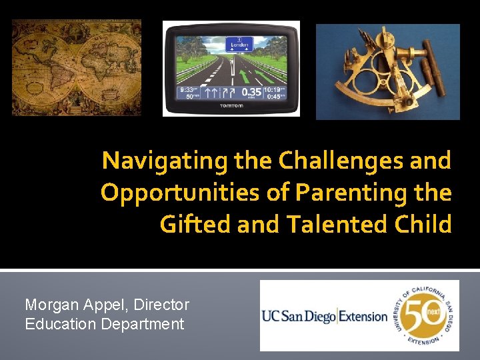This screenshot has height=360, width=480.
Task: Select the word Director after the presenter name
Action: [161, 305]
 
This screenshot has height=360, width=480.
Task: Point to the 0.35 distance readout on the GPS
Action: [251, 91]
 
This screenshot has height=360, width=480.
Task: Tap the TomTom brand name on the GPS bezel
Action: [231, 106]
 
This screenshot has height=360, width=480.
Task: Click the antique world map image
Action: [77, 67]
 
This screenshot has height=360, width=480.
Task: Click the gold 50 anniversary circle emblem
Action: [423, 315]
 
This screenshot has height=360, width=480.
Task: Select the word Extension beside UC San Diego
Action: [363, 316]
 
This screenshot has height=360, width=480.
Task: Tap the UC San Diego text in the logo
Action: [299, 316]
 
